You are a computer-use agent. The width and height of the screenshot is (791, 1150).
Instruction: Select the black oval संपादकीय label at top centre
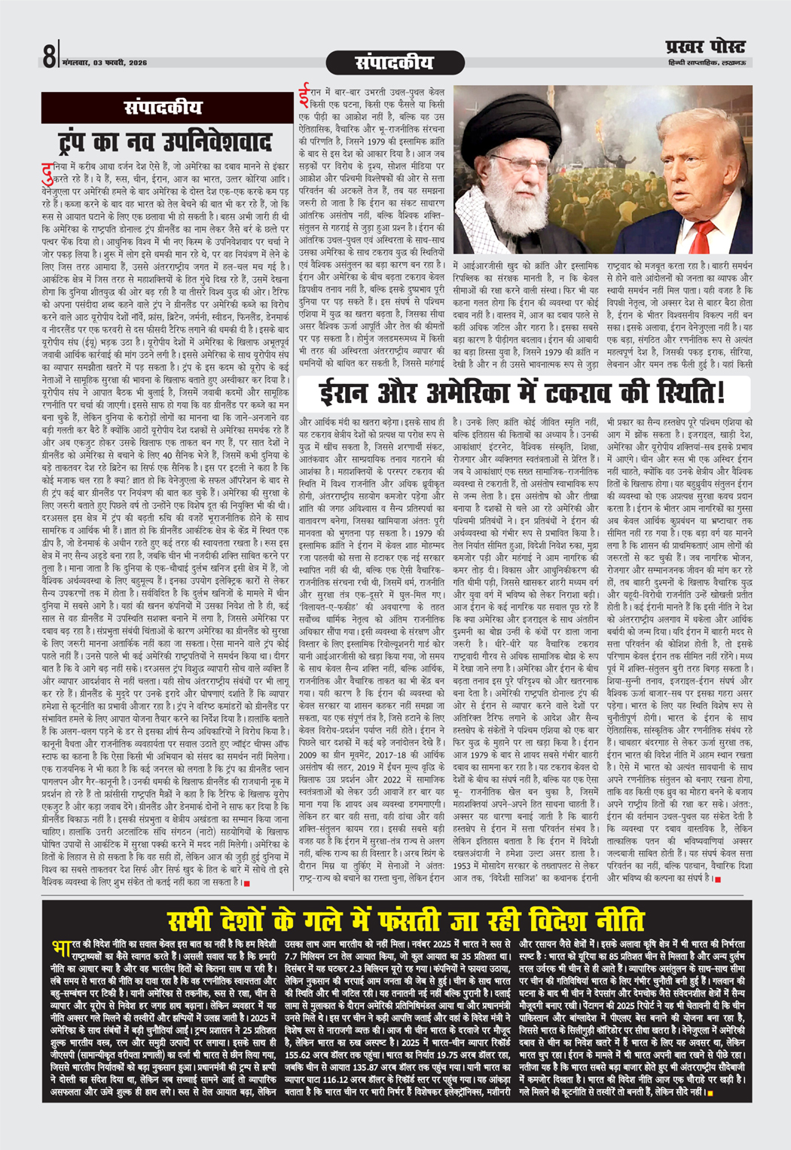coord(395,62)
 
